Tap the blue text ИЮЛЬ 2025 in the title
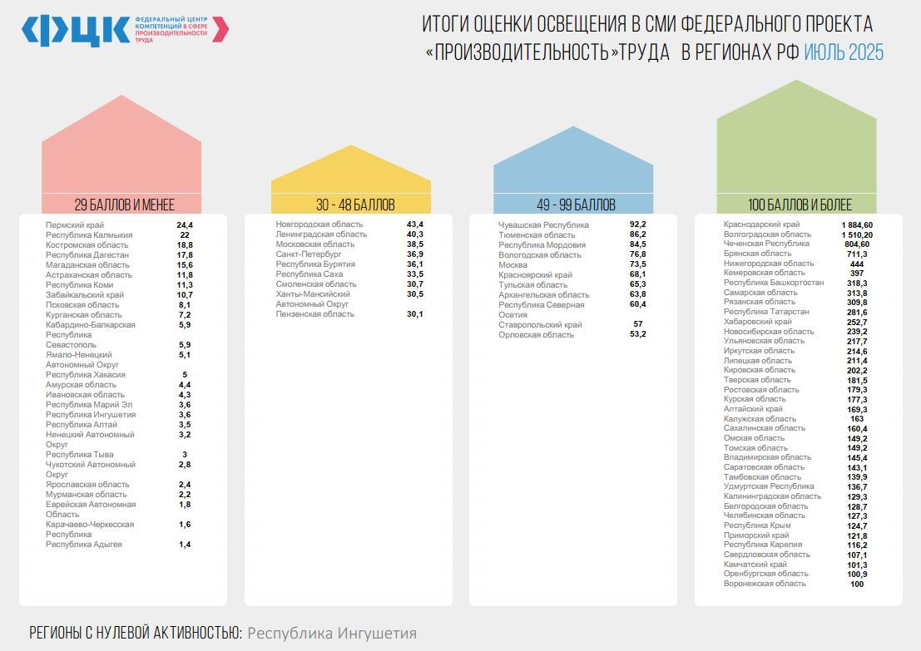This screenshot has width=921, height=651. coord(844,52)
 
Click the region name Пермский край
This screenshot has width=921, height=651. coord(75,225)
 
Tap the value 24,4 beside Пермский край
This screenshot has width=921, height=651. coord(185,225)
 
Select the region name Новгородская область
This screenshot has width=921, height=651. coord(319,224)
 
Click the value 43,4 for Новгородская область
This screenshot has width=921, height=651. coord(415,224)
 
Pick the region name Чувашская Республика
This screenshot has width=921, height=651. coord(543,225)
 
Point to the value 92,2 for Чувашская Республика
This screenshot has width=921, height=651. coord(638,224)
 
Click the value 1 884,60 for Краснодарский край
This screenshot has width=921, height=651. coord(857,224)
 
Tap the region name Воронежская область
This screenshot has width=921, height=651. coord(765,584)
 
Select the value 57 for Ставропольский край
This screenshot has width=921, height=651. coord(638,324)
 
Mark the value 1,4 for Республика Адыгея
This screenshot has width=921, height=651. coord(185,545)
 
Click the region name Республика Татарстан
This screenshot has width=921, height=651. coord(765,312)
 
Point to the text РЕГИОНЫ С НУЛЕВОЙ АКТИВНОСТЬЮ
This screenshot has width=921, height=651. coord(136,634)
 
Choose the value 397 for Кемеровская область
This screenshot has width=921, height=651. coord(857,273)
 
